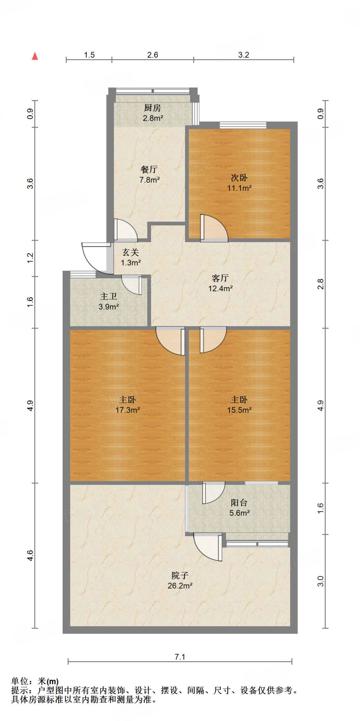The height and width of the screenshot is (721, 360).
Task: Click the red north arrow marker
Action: (x=35, y=56)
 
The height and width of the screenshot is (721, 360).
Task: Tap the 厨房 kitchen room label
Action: (x=153, y=113)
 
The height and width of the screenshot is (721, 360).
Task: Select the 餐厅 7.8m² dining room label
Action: (x=150, y=175)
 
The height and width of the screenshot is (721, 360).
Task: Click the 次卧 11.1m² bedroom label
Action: (x=239, y=183)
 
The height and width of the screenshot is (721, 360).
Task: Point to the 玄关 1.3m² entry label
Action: (x=131, y=257)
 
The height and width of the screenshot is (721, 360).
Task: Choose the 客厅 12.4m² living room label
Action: (x=220, y=283)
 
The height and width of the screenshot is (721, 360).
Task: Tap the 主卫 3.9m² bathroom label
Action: (x=109, y=302)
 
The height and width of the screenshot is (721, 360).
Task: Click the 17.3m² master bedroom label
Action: (x=128, y=405)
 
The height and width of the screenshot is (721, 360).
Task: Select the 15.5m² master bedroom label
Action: (x=239, y=405)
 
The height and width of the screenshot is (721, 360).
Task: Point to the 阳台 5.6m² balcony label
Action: (x=240, y=508)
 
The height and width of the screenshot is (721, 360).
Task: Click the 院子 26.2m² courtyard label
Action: (x=180, y=581)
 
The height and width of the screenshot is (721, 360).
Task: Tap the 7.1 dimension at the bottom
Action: (x=180, y=657)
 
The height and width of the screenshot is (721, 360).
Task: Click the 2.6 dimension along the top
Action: (x=153, y=55)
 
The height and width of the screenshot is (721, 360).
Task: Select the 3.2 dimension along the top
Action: (x=244, y=55)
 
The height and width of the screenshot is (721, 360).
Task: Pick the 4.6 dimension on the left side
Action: (x=30, y=556)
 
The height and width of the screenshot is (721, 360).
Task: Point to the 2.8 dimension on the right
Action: (x=320, y=284)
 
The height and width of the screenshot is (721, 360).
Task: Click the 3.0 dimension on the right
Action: (x=320, y=581)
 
